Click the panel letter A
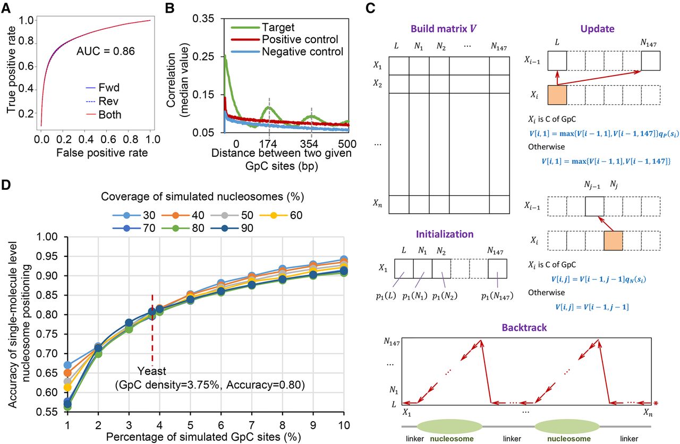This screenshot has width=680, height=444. coord(8,7)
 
